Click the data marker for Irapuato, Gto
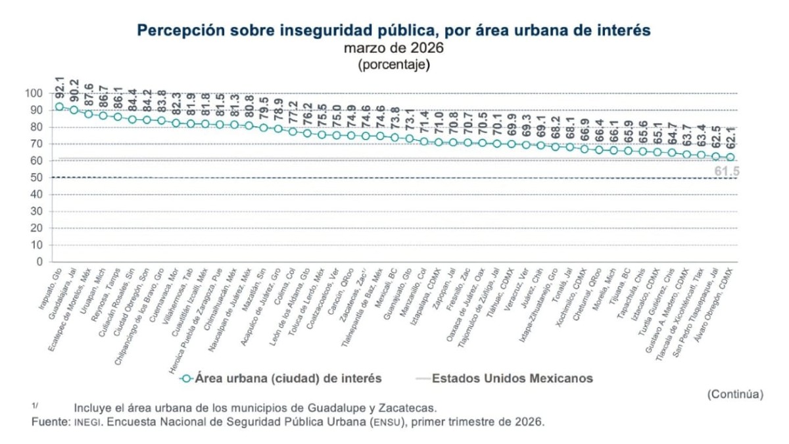(60, 107)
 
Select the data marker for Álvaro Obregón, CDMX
(730, 157)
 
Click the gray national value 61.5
(727, 172)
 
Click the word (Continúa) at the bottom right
(735, 394)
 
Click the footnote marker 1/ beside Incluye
(35, 405)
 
